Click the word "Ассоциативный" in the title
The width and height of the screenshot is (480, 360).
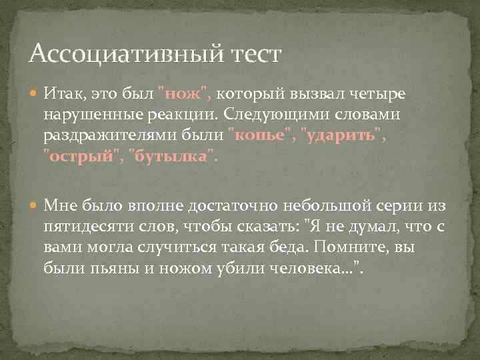107,53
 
